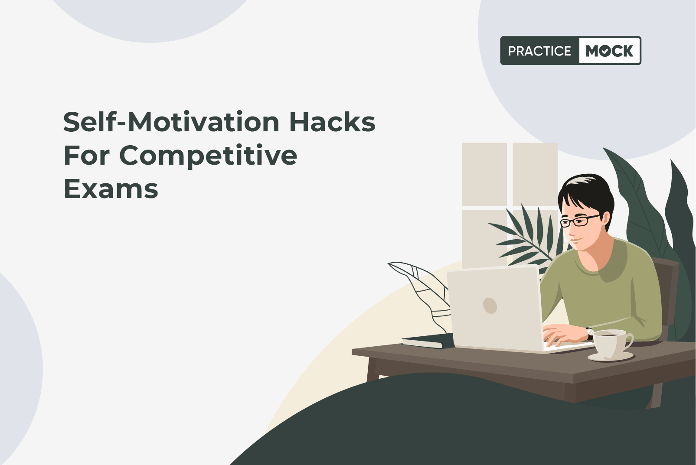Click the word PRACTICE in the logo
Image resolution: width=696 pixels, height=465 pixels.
539,51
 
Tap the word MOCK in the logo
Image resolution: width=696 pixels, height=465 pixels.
609,51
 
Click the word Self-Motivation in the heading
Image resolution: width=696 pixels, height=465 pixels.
171,122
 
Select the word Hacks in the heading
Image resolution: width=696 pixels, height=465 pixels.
332,122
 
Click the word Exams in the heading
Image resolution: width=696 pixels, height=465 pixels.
111,189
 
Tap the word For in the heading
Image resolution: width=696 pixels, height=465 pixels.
87,155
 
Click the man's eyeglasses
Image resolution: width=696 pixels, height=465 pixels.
580,221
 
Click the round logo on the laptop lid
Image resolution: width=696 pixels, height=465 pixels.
490,306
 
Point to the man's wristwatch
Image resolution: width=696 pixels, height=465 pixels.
589,334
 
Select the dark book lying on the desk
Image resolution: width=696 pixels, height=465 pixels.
428,341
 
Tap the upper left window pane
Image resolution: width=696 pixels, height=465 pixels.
484,174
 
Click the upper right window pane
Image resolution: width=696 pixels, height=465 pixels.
535,174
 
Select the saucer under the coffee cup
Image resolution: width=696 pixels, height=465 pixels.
611,357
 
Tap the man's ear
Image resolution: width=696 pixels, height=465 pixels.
605,218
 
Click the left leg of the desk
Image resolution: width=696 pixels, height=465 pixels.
372,369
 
